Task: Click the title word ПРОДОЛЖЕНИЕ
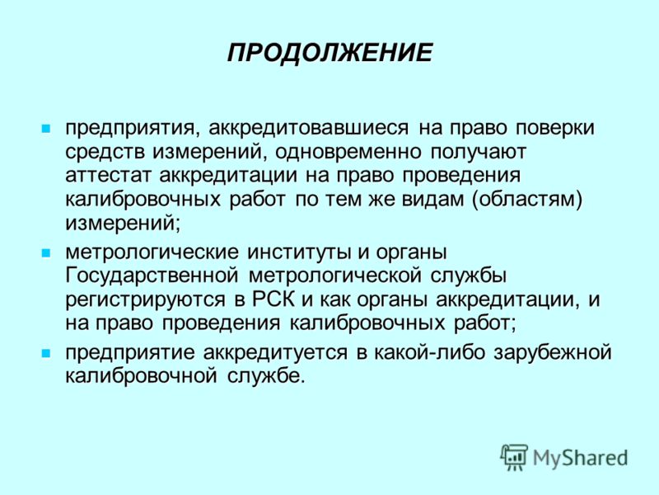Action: pyautogui.click(x=330, y=53)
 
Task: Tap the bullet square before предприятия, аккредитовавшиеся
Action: pyautogui.click(x=46, y=129)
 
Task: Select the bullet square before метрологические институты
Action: pyautogui.click(x=46, y=253)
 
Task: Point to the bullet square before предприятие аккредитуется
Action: pyautogui.click(x=46, y=353)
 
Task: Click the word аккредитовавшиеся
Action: pyautogui.click(x=308, y=128)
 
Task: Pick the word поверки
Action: pyautogui.click(x=555, y=128)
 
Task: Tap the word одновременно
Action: pyautogui.click(x=348, y=152)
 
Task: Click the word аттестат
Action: pyautogui.click(x=108, y=175)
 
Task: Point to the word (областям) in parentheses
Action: pyautogui.click(x=527, y=200)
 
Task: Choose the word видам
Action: pyautogui.click(x=432, y=200)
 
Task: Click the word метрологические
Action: pyautogui.click(x=152, y=252)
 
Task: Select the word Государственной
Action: pyautogui.click(x=152, y=276)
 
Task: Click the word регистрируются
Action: pyautogui.click(x=146, y=300)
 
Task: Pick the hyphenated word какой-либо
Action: pyautogui.click(x=429, y=352)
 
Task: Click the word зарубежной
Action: pyautogui.click(x=553, y=352)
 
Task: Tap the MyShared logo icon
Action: pyautogui.click(x=513, y=457)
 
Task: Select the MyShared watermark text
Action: pyautogui.click(x=581, y=458)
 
